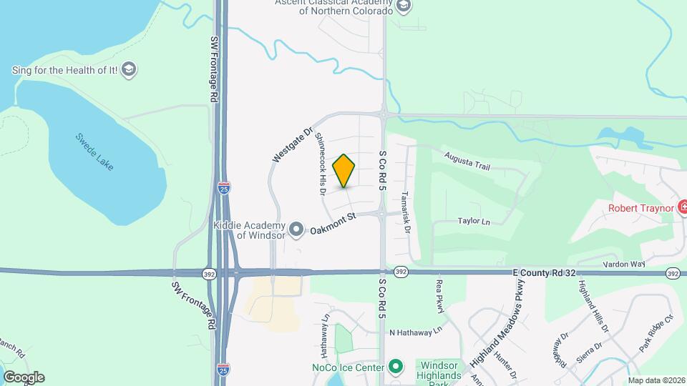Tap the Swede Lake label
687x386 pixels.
click(95, 149)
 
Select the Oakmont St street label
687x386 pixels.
click(333, 222)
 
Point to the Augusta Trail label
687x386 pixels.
click(467, 162)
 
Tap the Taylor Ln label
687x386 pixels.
click(474, 222)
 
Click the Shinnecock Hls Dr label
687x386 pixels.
click(321, 164)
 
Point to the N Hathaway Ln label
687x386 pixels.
click(416, 332)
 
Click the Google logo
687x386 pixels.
click(23, 377)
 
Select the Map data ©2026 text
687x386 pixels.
click(656, 380)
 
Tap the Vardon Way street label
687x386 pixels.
click(623, 264)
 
